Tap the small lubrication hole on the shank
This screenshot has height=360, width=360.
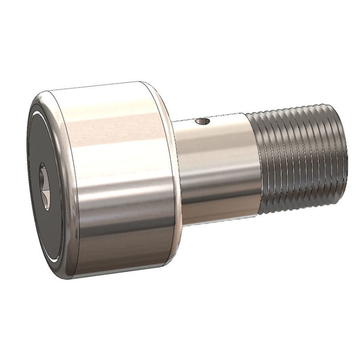(204, 121)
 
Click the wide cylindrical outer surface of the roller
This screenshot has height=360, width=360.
(120, 178)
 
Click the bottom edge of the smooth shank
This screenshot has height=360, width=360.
(218, 223)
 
